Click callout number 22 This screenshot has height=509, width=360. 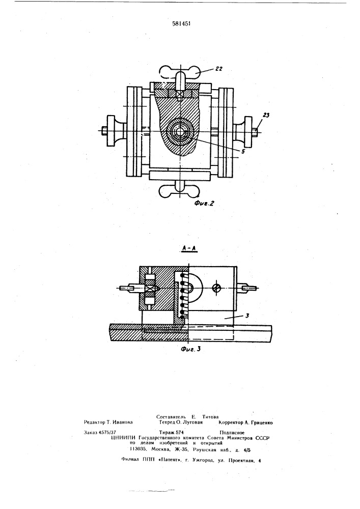(219, 69)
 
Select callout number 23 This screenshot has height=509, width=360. (266, 115)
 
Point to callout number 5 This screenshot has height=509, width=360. (243, 151)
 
